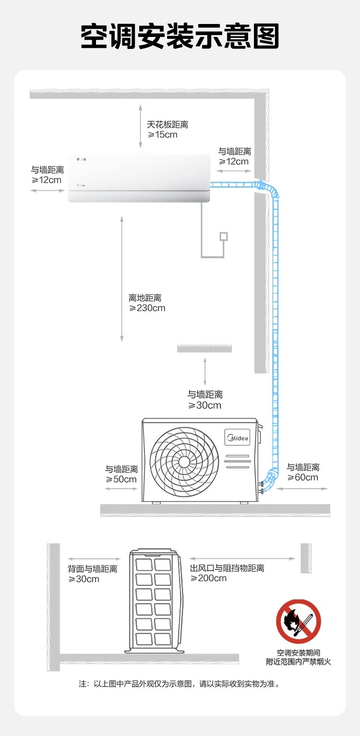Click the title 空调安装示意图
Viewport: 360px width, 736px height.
point(180,36)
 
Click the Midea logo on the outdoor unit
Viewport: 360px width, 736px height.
point(238,438)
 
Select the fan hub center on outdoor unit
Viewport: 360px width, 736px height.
point(184,462)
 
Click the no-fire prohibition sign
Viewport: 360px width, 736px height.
point(298,622)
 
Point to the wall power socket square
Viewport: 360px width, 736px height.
point(224,237)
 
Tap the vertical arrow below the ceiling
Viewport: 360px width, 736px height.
point(140,127)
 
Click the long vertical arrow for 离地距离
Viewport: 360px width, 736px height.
point(121,279)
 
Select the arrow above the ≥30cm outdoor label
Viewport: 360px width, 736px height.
point(205,372)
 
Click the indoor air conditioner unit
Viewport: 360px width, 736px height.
point(139,178)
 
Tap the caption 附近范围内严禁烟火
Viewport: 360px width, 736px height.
point(298,662)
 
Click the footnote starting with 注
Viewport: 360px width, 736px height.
point(180,684)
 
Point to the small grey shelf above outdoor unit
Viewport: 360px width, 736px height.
point(204,348)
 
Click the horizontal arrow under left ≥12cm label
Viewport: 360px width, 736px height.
point(48,190)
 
